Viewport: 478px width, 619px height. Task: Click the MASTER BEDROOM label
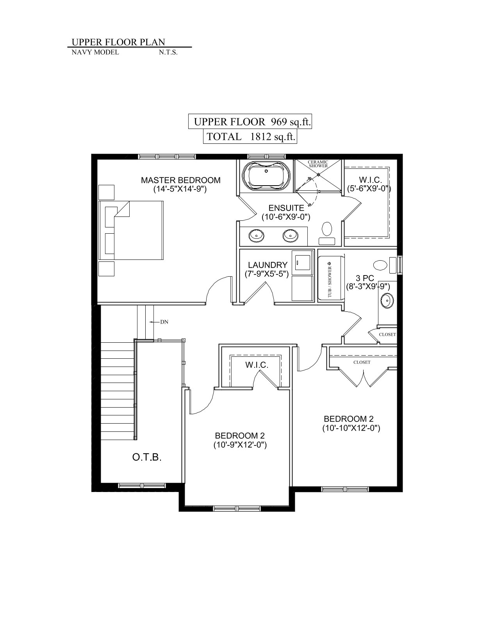[180, 180]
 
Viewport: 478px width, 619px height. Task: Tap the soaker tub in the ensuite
[266, 177]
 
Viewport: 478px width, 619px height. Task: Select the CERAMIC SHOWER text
[318, 164]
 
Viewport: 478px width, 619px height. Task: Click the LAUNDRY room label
[268, 265]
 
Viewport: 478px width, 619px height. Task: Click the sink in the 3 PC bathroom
[387, 300]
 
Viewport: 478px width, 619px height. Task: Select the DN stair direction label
[164, 322]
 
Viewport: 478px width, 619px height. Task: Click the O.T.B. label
[147, 457]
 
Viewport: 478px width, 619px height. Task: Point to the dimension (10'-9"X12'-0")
[240, 445]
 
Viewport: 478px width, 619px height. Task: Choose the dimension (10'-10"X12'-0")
[351, 428]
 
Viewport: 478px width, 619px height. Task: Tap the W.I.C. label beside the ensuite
[370, 180]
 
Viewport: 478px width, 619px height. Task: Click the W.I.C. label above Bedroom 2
[257, 365]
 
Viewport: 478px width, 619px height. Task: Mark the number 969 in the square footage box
[278, 122]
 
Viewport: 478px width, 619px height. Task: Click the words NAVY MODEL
[95, 52]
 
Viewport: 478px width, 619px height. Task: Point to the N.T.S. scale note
[168, 53]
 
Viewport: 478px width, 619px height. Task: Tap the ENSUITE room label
[286, 208]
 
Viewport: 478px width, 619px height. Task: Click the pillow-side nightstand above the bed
[106, 192]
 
